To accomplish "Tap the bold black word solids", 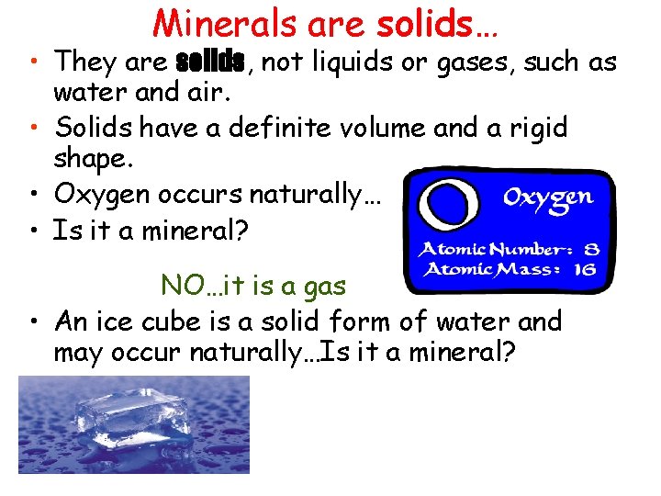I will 209,62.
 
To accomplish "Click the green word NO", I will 177,286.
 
